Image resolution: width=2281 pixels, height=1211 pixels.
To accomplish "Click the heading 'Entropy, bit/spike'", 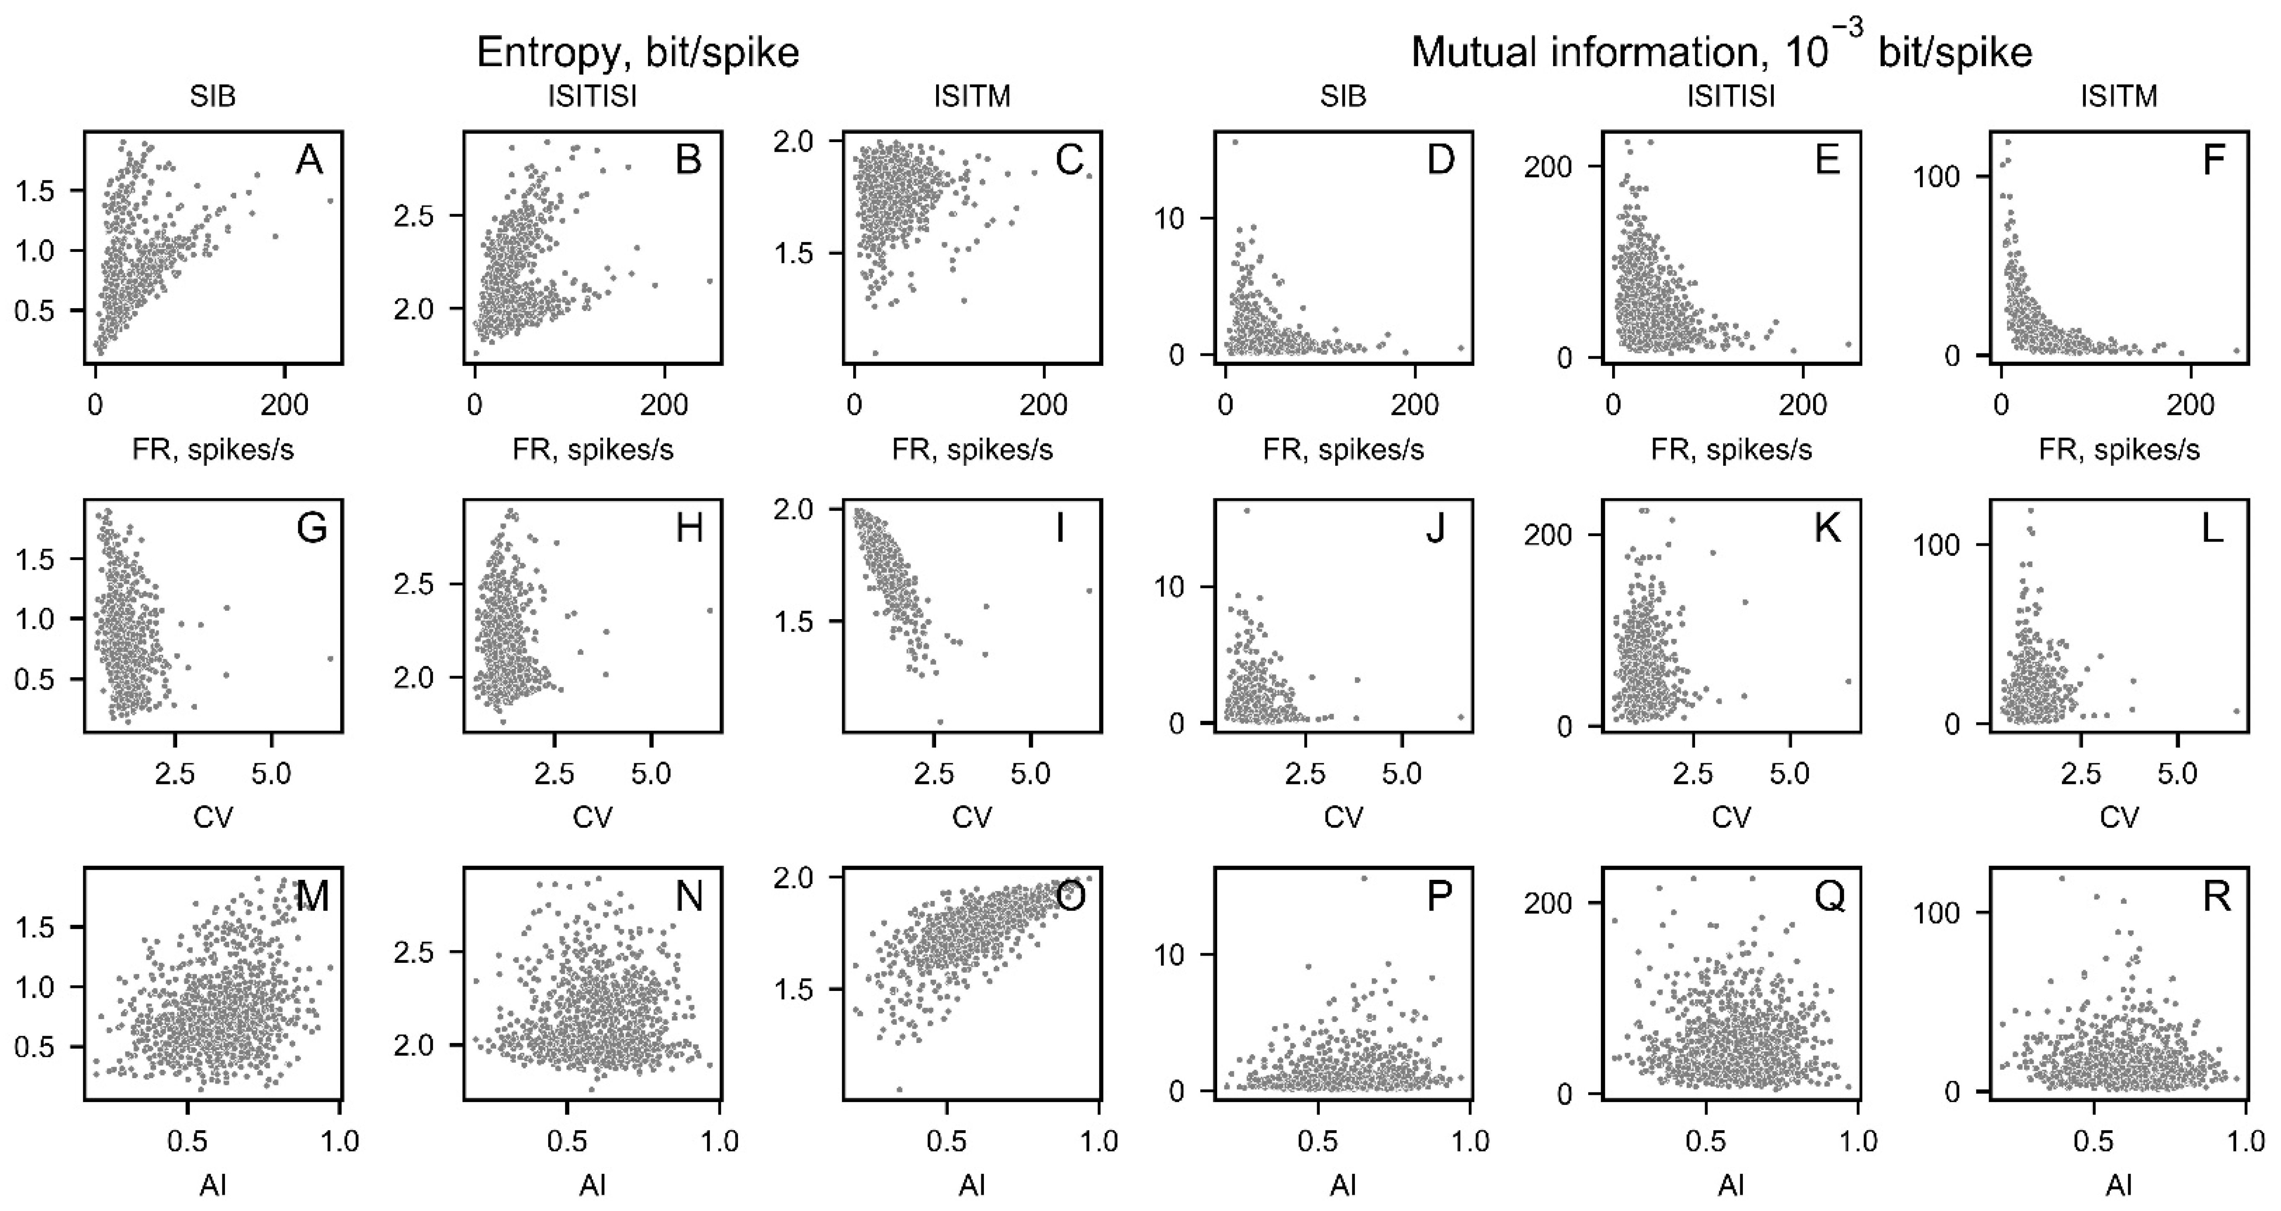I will pyautogui.click(x=637, y=53).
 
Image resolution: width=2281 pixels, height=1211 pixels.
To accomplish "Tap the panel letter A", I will pyautogui.click(x=309, y=161).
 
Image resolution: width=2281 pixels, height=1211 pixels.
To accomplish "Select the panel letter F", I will pyautogui.click(x=2213, y=161).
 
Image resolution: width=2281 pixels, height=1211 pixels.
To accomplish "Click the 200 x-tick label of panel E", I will pyautogui.click(x=1802, y=405).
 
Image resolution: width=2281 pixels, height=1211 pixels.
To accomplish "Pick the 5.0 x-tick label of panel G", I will pyautogui.click(x=271, y=773).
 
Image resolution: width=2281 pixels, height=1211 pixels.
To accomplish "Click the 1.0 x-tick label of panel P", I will pyautogui.click(x=1470, y=1141).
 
